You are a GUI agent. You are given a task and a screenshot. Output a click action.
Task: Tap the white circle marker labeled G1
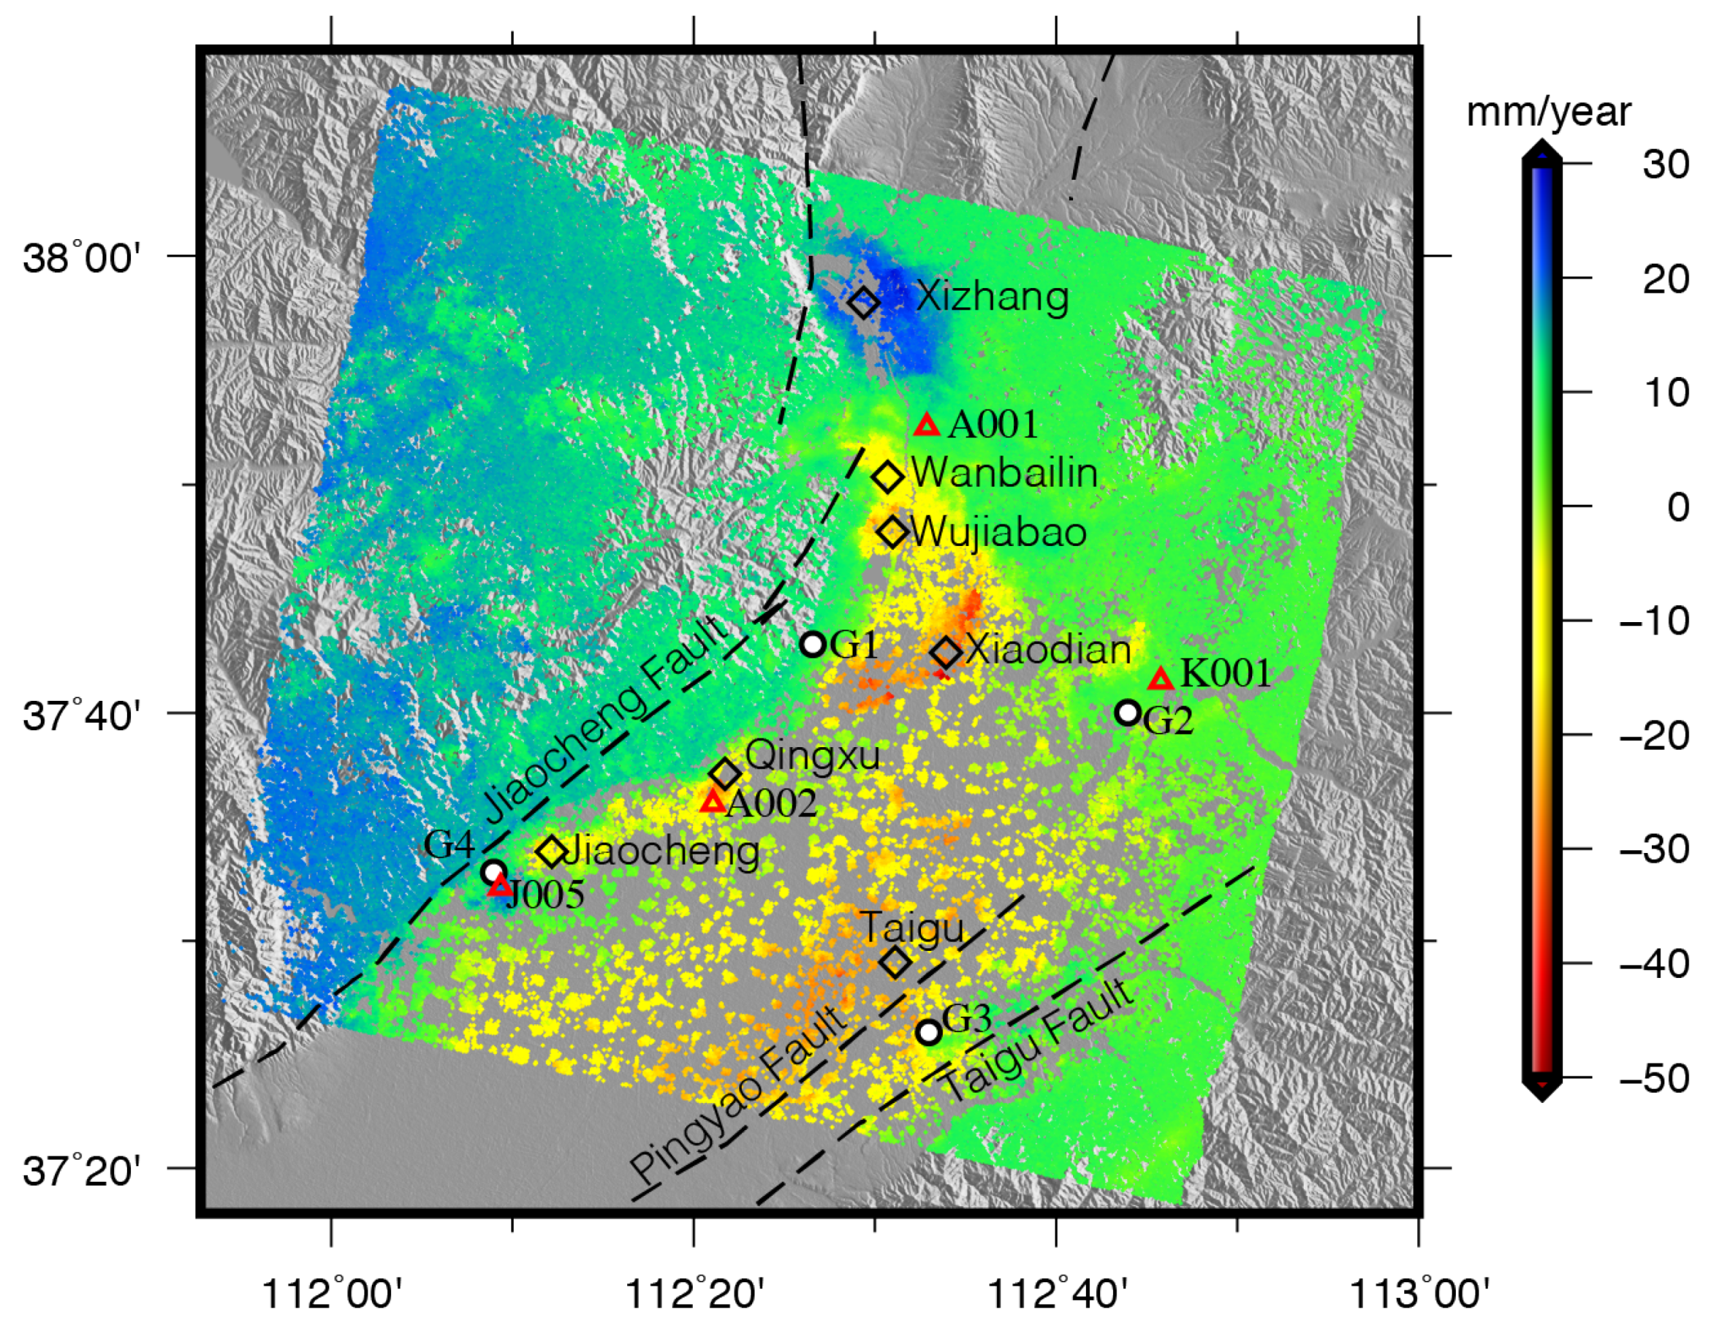click(812, 645)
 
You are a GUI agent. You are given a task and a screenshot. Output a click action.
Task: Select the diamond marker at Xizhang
click(863, 302)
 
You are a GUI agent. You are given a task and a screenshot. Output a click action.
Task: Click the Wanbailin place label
click(1004, 473)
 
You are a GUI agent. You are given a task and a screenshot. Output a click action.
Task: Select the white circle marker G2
click(1127, 712)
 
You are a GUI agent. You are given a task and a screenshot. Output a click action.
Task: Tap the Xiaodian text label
click(1048, 650)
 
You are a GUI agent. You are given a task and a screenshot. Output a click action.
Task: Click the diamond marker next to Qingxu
click(726, 774)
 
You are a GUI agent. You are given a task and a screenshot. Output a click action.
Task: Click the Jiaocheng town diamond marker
click(552, 851)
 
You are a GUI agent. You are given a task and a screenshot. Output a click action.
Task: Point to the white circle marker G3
click(928, 1032)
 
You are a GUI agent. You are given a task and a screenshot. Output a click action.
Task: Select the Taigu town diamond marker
click(897, 961)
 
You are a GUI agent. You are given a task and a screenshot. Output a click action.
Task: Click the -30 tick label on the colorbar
click(1654, 849)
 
